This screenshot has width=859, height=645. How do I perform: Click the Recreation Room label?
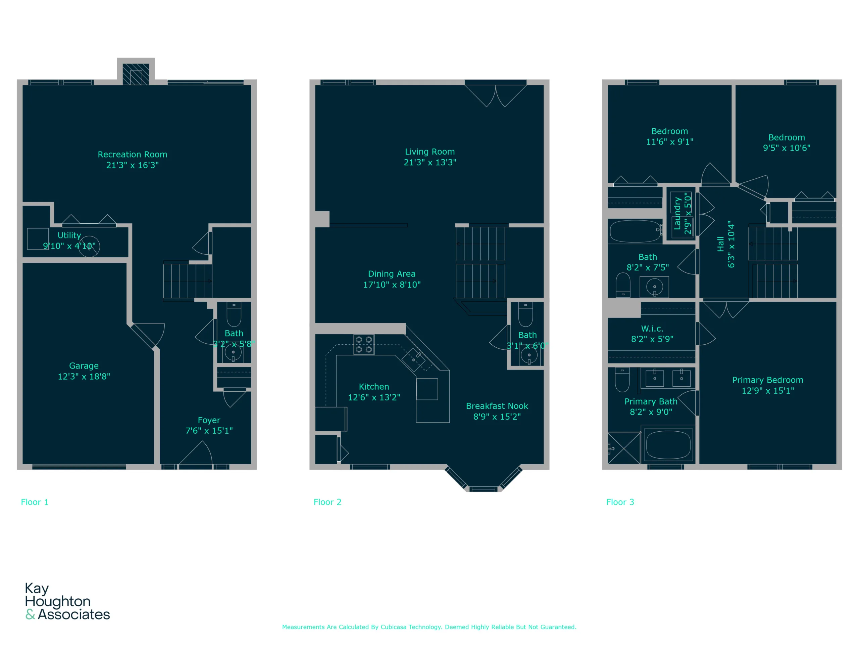coord(133,154)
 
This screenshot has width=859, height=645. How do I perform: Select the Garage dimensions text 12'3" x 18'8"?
coord(84,376)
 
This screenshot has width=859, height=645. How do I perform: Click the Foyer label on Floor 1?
coord(209,420)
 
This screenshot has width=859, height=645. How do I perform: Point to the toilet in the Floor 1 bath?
coord(234,314)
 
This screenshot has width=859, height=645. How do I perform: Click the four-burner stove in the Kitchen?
coord(364,344)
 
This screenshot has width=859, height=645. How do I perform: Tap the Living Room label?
coord(430,152)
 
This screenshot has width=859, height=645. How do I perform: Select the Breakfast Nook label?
coord(497,406)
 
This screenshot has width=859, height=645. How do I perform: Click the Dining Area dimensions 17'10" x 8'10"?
coord(392,285)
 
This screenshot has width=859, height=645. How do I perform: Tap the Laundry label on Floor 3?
coord(678,213)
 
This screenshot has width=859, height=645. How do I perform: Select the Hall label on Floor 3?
coord(721,244)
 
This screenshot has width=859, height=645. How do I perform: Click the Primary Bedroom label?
coord(768,380)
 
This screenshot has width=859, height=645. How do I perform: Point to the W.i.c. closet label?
coord(652,329)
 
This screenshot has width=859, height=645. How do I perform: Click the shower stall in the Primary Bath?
coord(624,448)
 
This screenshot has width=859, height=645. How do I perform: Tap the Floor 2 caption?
coord(327,502)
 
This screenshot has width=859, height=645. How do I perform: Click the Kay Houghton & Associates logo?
coord(67,601)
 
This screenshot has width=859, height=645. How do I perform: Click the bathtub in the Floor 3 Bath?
coord(635,231)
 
